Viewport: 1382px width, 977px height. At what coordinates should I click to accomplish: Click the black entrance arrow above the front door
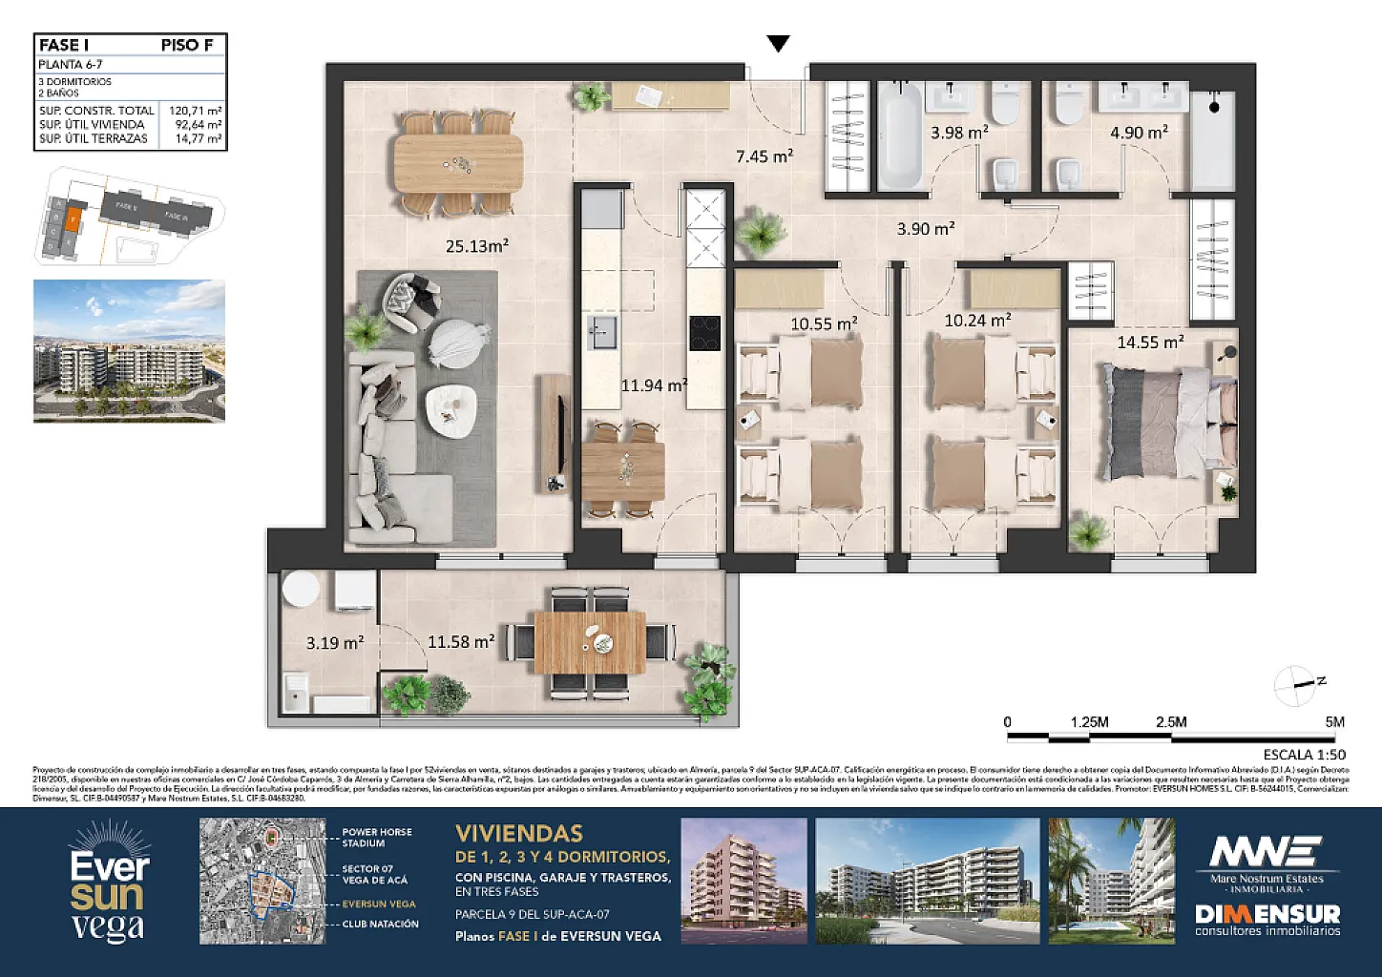779,44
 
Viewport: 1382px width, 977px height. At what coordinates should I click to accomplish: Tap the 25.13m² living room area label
476,246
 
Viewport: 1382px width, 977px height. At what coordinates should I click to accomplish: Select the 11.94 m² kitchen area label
654,385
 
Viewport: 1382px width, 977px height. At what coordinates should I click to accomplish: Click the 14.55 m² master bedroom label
1150,342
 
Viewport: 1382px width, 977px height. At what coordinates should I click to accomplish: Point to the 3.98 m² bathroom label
959,133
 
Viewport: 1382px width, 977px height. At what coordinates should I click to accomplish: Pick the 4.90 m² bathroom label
1139,133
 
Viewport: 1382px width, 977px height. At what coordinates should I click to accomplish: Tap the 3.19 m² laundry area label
334,643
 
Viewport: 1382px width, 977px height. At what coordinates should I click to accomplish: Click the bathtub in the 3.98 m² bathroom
899,135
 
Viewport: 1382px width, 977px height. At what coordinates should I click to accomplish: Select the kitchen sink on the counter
601,334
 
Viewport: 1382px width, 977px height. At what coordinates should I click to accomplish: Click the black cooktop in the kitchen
705,333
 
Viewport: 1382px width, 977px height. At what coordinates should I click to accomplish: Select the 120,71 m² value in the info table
196,111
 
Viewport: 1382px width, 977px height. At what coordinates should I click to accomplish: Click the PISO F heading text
187,45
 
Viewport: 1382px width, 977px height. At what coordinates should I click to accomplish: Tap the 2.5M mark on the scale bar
1171,722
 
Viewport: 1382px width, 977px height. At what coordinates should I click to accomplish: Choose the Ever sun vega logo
110,883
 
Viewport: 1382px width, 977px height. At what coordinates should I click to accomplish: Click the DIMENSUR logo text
1267,914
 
